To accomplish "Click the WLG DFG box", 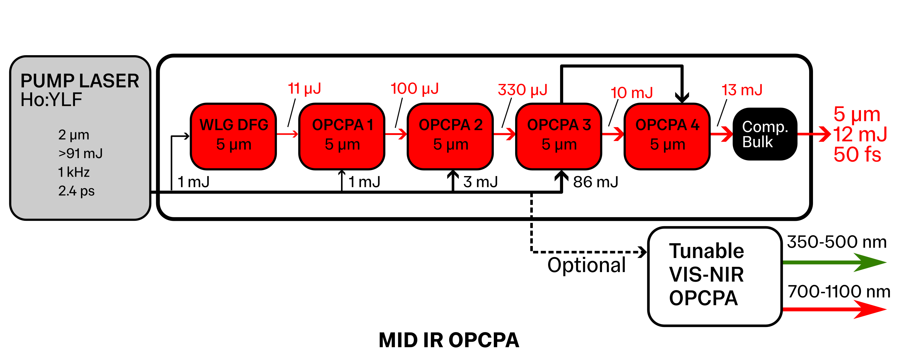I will coord(233,136).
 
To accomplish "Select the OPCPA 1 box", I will coord(342,136).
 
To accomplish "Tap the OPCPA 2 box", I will coord(450,136).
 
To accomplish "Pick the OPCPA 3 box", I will coord(559,136).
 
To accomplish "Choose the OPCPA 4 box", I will coord(667,136).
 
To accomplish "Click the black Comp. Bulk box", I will coord(765,134).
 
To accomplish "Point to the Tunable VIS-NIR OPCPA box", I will coord(714,276).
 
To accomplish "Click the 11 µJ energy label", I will coord(304,89).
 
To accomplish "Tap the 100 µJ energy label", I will coord(414,89).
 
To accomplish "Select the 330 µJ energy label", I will coord(522,90).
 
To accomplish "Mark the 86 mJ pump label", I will coord(595,182).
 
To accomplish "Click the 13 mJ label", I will coord(742,90).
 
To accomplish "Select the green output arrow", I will coord(834,262).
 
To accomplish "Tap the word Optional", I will coord(586,265).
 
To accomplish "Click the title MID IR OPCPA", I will coord(449,340).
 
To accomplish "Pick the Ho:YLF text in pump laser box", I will coord(51,100).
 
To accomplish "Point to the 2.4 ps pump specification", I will coord(76,191).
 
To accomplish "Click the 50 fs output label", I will coord(857,154).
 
